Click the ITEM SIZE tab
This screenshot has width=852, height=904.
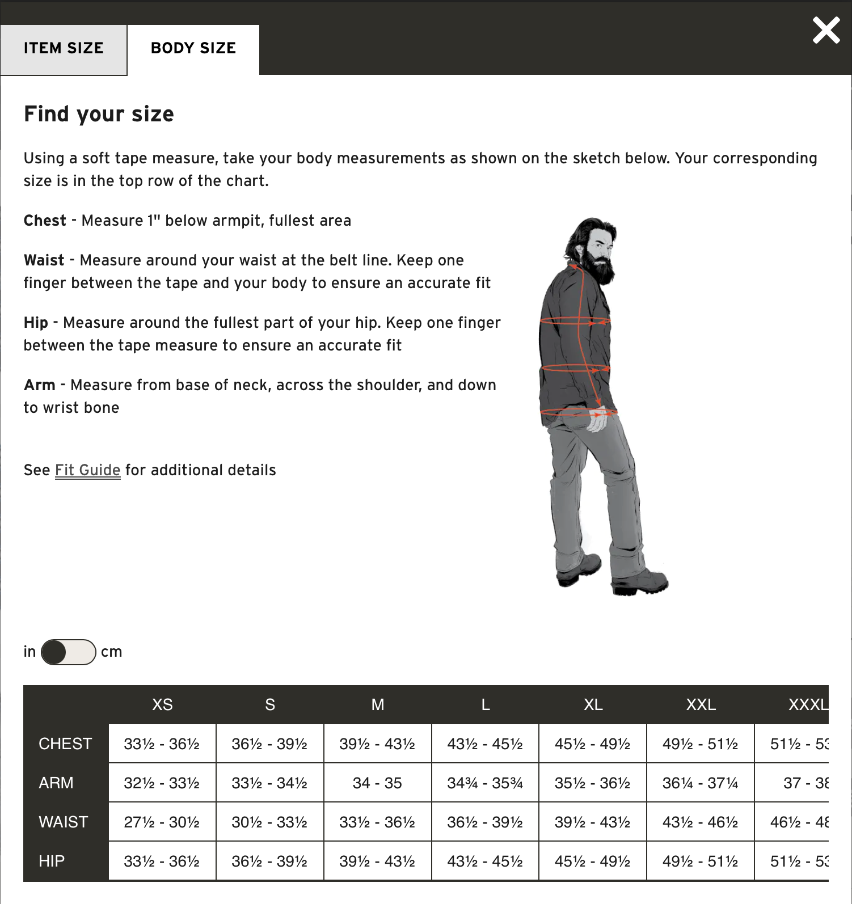[64, 49]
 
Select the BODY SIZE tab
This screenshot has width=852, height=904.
[193, 49]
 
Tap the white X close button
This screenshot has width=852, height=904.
[826, 31]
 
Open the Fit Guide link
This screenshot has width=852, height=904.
[87, 470]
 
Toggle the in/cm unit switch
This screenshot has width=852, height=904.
[68, 652]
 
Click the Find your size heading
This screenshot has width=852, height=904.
[99, 114]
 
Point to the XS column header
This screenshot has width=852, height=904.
[162, 705]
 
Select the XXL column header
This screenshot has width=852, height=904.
[701, 705]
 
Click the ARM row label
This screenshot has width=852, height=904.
[56, 783]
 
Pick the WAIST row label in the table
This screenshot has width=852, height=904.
[64, 822]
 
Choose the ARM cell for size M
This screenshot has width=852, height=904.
[377, 783]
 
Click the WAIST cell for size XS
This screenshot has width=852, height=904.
[162, 822]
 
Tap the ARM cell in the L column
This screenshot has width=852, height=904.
[485, 783]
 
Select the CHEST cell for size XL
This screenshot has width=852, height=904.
[593, 744]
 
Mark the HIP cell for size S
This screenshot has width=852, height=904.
[269, 861]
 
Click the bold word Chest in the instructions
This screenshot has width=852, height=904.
[45, 221]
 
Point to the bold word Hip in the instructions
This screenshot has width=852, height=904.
[36, 323]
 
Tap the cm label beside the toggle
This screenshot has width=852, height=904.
[111, 652]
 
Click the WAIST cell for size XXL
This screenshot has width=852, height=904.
[701, 822]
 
